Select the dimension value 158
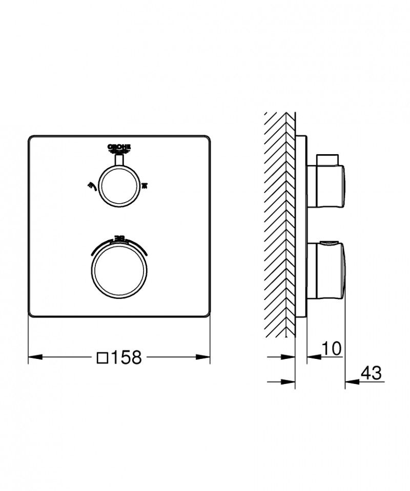click(x=126, y=357)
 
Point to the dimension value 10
click(x=332, y=349)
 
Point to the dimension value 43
click(x=371, y=373)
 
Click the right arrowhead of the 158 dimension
click(x=204, y=356)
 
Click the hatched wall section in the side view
click(x=279, y=225)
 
